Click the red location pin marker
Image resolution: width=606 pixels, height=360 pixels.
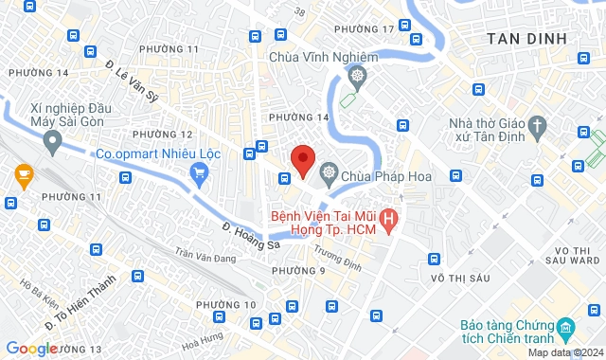303,159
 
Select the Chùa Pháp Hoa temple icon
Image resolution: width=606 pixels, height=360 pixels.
329,171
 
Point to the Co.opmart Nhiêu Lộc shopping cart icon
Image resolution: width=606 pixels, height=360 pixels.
198,171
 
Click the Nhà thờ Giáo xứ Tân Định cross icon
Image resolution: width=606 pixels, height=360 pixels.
537,125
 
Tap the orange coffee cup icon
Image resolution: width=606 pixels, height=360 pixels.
24,173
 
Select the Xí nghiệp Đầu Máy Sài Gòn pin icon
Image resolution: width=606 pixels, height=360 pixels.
52,143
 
